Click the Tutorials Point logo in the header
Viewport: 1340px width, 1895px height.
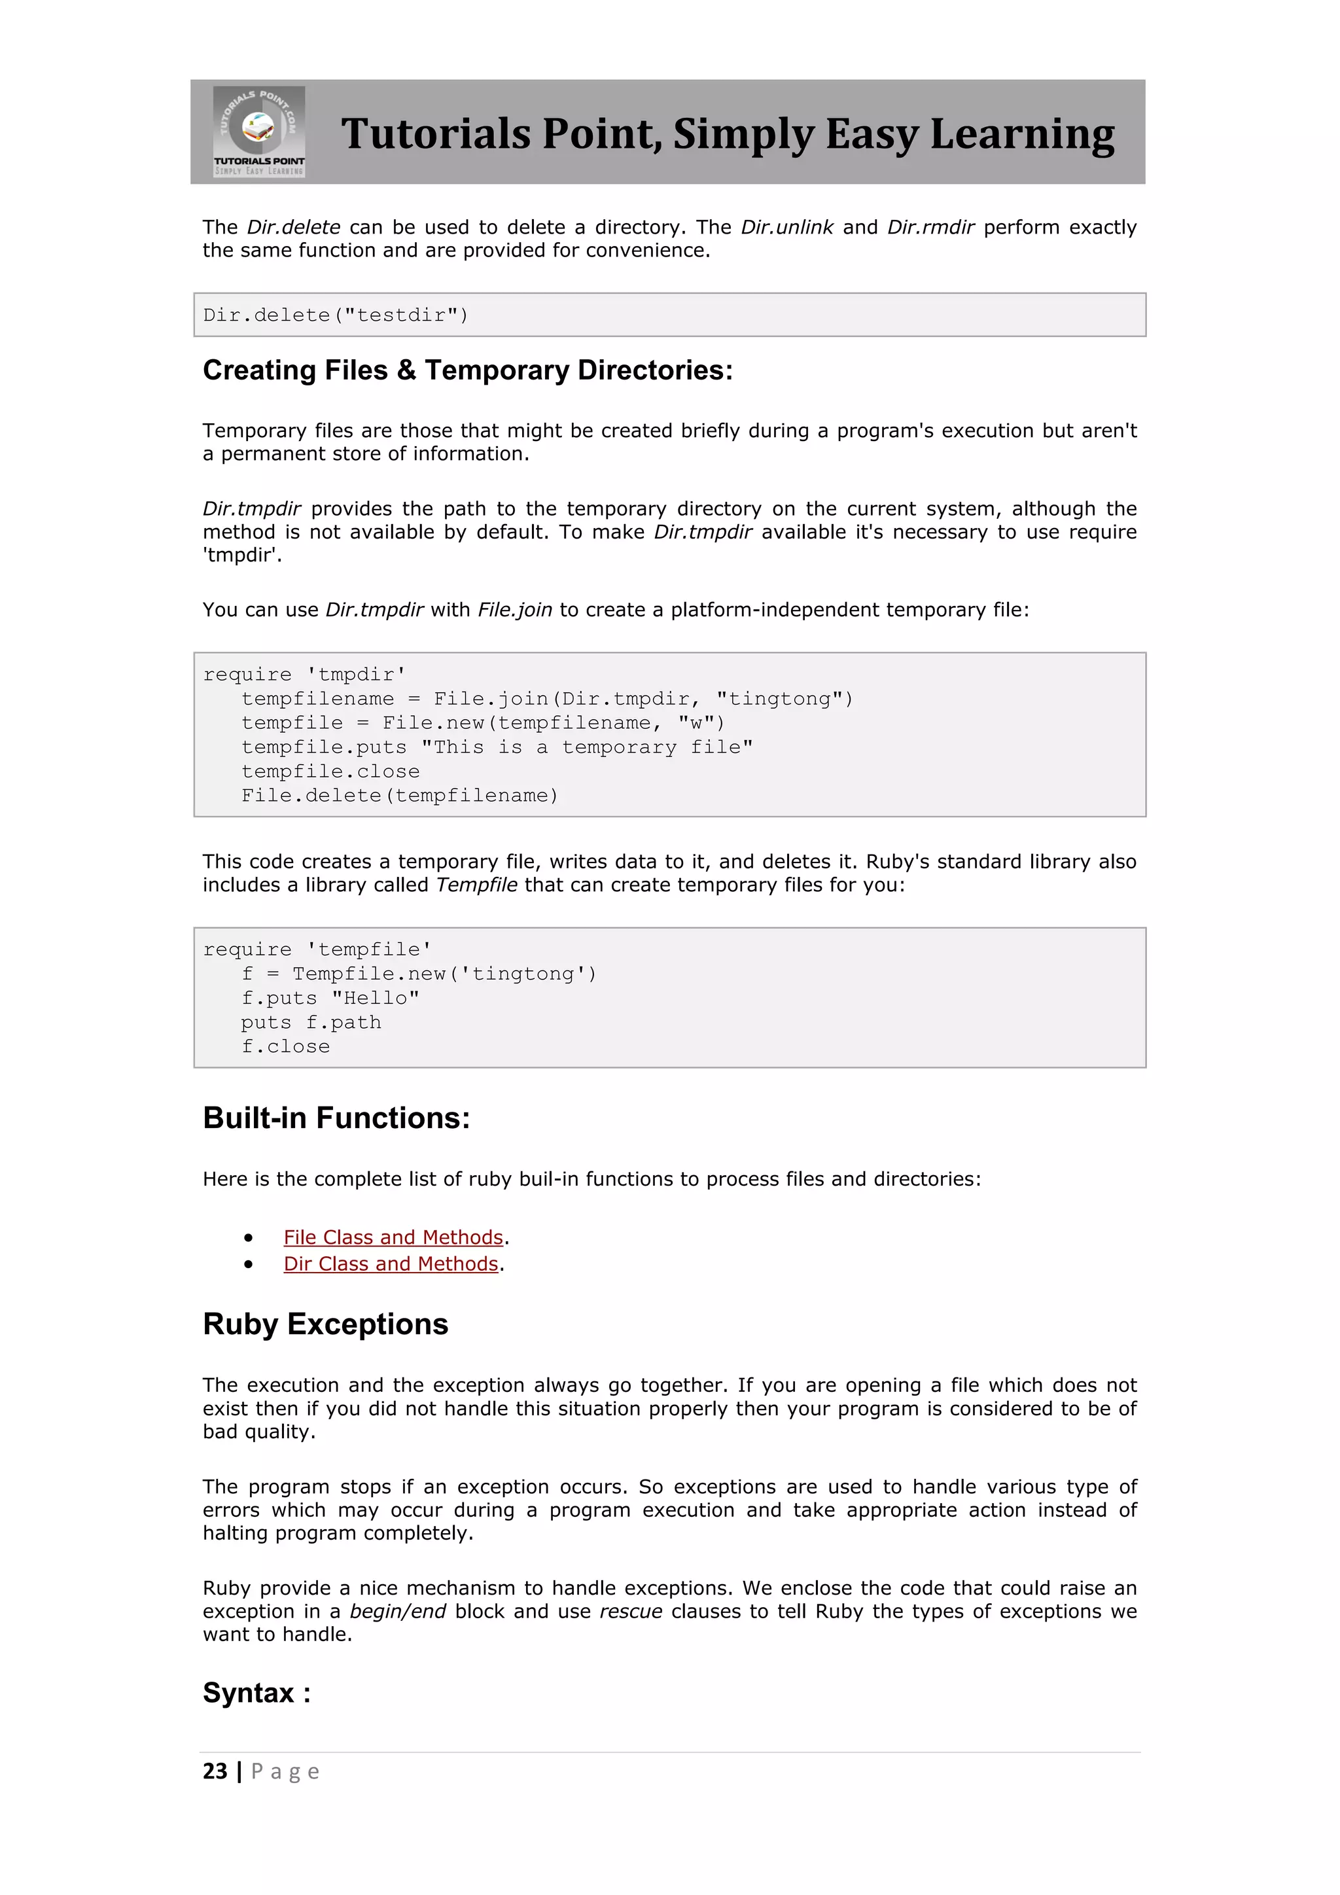coord(259,132)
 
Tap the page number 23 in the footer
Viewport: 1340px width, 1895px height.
coord(215,1771)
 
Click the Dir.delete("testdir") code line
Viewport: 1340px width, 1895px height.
coord(336,315)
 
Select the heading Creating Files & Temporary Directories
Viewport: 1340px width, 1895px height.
coord(467,370)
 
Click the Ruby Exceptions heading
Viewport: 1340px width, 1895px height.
coord(325,1324)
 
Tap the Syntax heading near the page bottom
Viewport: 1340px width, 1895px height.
coord(256,1693)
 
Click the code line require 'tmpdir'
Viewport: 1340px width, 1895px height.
coord(304,675)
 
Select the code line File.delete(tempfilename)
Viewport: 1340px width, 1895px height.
coord(399,796)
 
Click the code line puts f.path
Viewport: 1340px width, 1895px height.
coord(311,1023)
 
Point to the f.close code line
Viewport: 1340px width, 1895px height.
coord(285,1046)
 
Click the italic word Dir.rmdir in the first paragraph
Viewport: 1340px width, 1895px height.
coord(931,228)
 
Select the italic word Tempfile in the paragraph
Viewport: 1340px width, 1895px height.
coord(476,885)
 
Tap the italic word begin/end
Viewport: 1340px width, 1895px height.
coord(398,1612)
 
